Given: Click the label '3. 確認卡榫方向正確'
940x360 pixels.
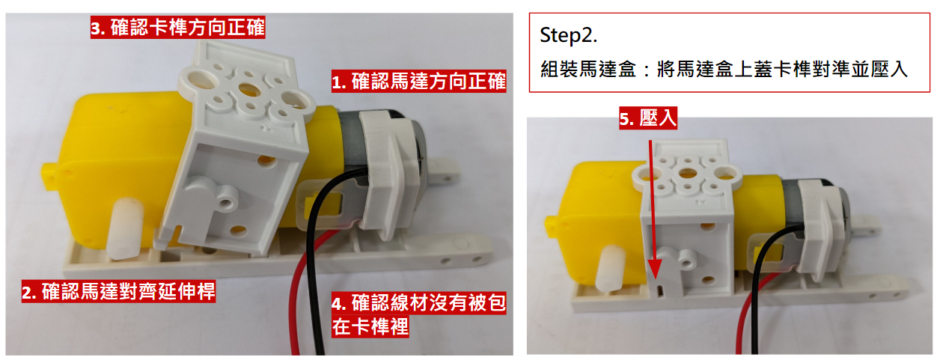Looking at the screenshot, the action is (177, 28).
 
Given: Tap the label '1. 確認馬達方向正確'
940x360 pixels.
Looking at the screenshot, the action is (418, 81).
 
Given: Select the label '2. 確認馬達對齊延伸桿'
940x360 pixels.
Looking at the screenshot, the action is (118, 292).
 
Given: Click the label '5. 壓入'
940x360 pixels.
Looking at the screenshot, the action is (648, 118).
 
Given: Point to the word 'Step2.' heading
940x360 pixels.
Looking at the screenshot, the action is (568, 35).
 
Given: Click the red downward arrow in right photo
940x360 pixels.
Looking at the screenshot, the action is (653, 210).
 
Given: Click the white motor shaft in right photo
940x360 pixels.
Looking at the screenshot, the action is (612, 268).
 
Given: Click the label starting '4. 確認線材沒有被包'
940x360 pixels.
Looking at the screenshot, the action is (418, 314).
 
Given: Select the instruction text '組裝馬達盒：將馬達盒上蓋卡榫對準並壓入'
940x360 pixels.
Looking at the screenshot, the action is (724, 70).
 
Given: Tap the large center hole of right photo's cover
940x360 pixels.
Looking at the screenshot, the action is (687, 172).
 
